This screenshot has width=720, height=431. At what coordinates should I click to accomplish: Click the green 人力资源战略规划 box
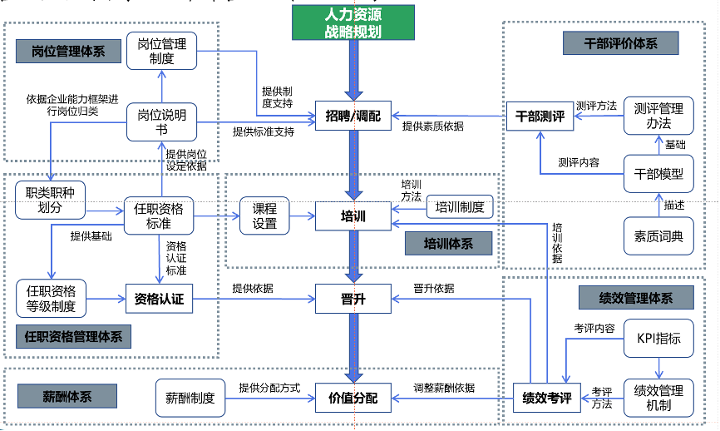pos(353,23)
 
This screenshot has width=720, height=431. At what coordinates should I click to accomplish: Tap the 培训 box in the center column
pos(353,217)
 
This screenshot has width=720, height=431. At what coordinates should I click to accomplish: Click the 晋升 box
pos(353,299)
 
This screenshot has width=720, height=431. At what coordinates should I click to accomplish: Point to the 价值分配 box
pos(353,399)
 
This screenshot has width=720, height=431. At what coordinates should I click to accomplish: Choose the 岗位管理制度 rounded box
pos(161,50)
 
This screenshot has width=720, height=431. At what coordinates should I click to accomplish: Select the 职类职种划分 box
pos(50,201)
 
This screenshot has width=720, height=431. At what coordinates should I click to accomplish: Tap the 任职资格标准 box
pos(159,216)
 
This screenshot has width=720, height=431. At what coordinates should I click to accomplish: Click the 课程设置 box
pos(265,216)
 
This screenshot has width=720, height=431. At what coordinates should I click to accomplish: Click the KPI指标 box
pos(658,338)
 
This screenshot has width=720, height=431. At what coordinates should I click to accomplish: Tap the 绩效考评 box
pos(546,398)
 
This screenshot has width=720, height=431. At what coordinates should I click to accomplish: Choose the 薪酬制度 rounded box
pos(190,398)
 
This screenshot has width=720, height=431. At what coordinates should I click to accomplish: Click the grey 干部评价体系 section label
pos(620,42)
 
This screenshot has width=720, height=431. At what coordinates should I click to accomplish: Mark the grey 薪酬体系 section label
pos(68,396)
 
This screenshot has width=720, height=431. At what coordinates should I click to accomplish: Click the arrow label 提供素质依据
pos(432,126)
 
